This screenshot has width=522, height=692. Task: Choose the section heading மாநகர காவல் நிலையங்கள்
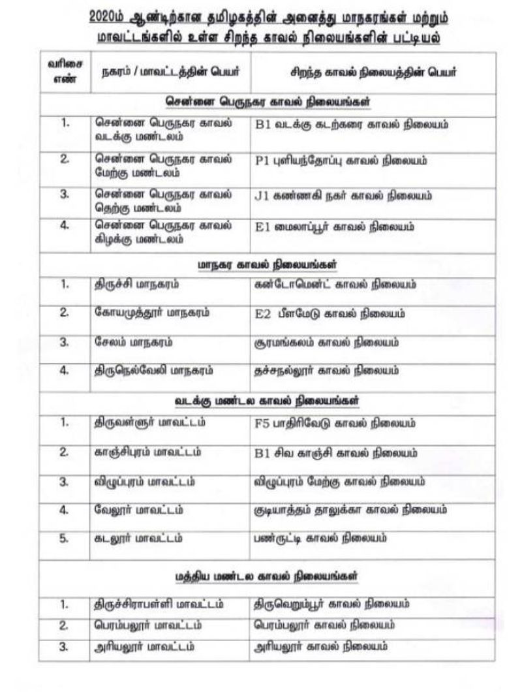coord(268,264)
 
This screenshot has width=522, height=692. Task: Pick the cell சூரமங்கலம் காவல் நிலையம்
coord(326,341)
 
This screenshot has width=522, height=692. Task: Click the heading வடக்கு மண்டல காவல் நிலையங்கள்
coord(268,398)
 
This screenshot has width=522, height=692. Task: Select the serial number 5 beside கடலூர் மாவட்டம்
coord(64,539)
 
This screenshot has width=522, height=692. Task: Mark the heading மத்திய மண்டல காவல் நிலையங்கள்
coord(268,576)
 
